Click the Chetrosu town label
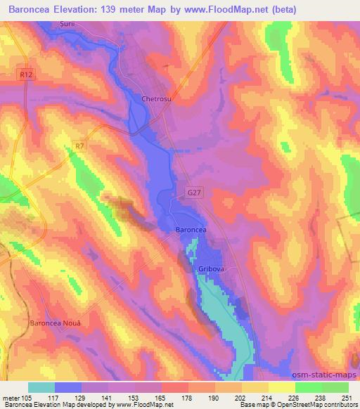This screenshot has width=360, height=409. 157,99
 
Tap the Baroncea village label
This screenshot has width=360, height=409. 191,230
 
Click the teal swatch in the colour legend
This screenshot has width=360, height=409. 41,387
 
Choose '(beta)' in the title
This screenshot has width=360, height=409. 281,9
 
